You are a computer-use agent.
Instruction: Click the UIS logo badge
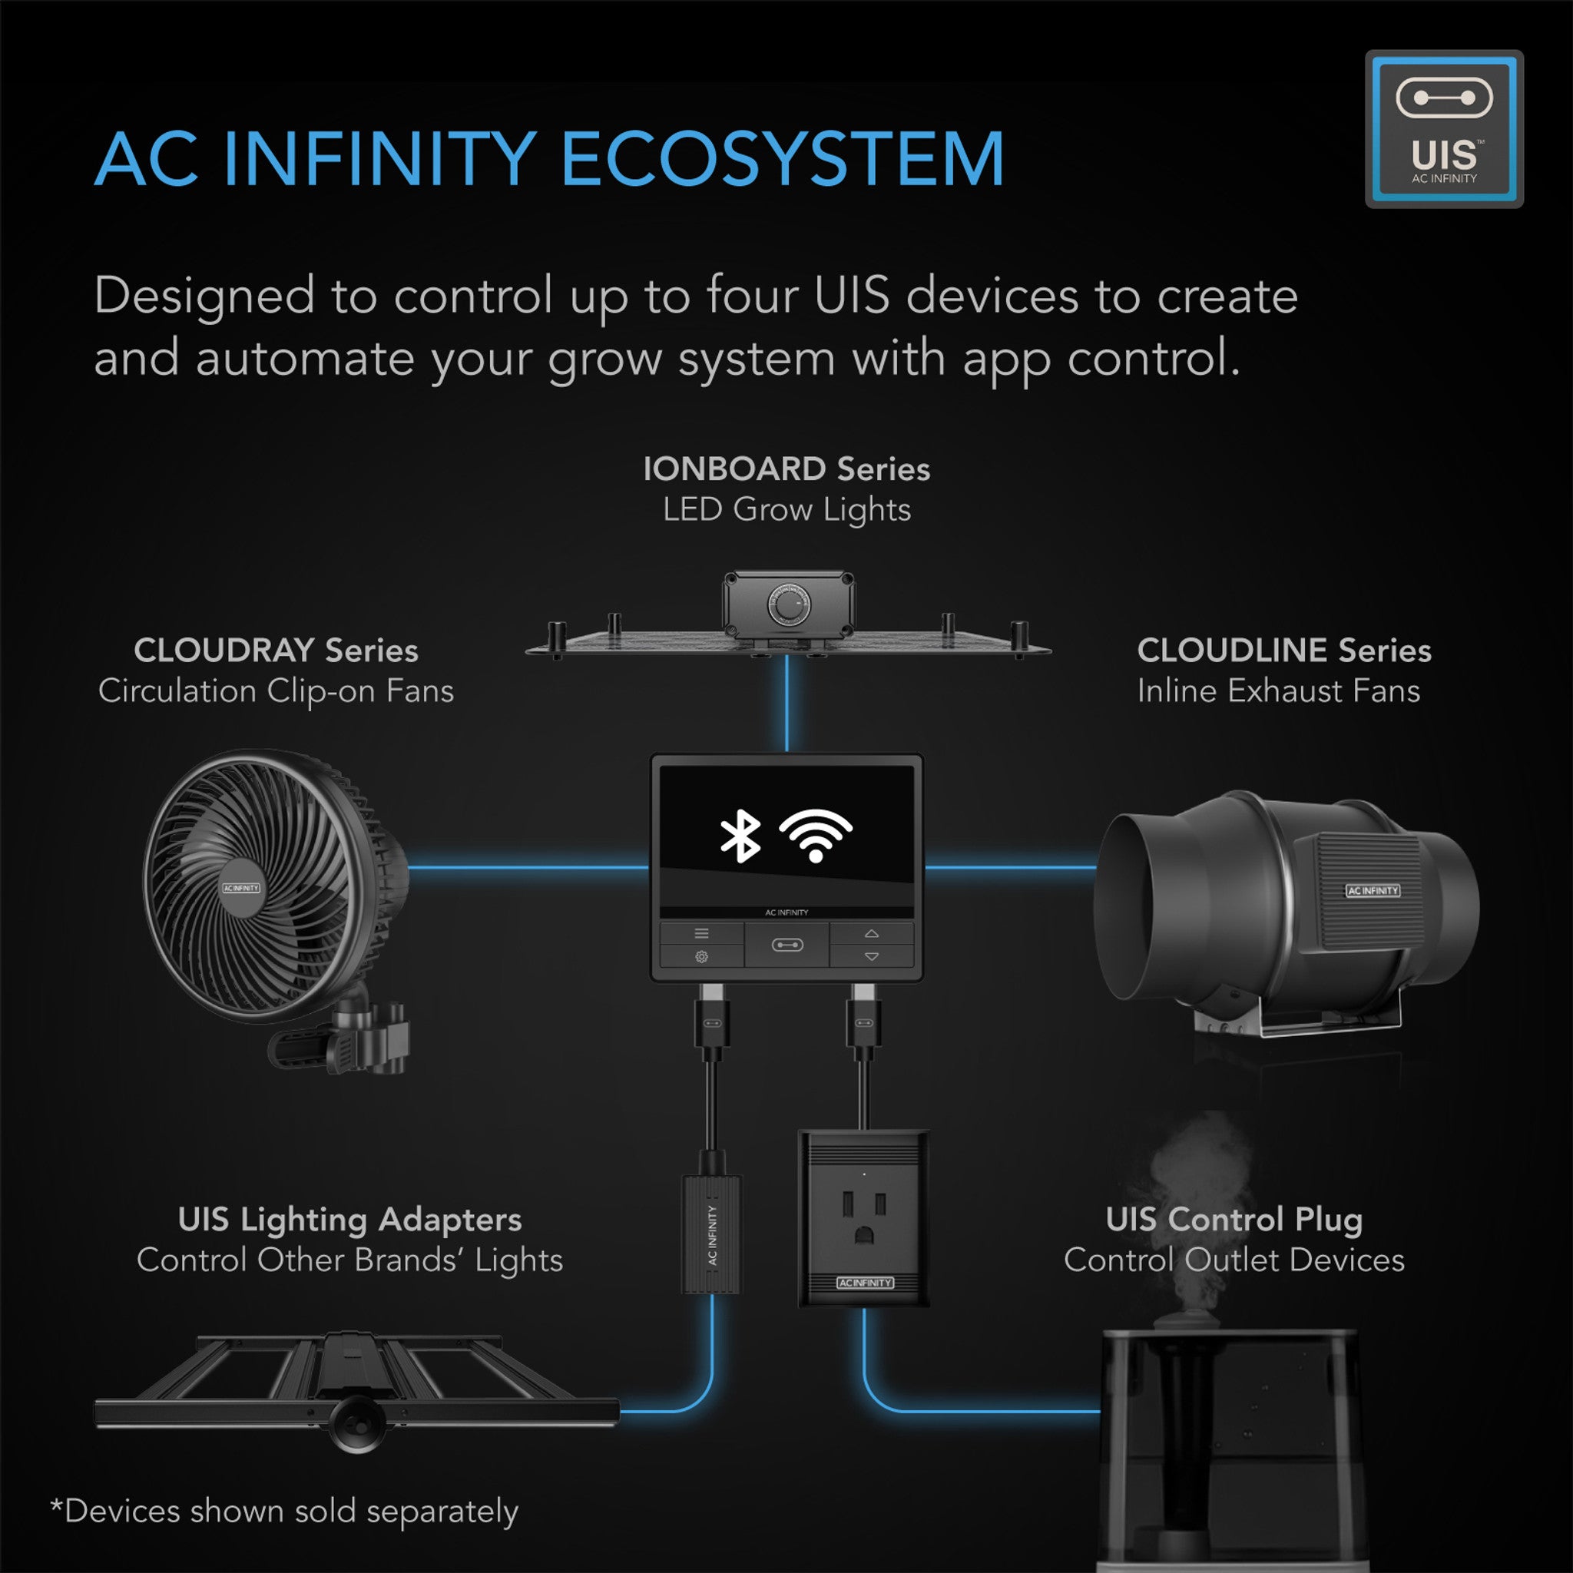tap(1443, 128)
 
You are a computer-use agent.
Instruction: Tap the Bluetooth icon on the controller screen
tap(740, 836)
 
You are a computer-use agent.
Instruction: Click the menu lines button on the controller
tap(701, 933)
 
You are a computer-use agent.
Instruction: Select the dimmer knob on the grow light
tap(788, 608)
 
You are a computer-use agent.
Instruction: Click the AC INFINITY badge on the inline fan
tap(1372, 891)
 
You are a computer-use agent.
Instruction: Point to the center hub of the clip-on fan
tap(242, 887)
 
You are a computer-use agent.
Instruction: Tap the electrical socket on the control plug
tap(864, 1216)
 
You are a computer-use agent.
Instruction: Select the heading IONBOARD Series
tap(786, 469)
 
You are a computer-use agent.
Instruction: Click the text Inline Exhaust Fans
tap(1278, 690)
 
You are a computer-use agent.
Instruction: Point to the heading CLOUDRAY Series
tap(276, 650)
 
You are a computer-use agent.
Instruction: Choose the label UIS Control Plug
tap(1234, 1219)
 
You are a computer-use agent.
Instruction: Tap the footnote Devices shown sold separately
tap(285, 1511)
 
